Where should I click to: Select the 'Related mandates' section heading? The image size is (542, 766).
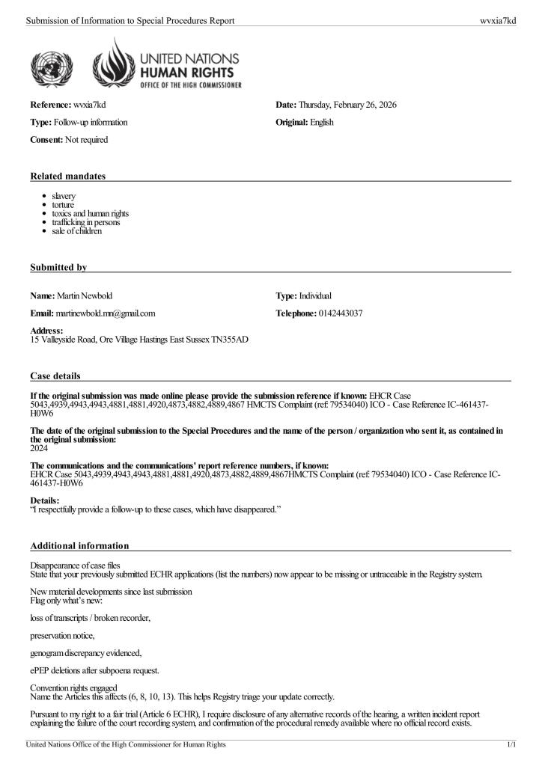point(67,176)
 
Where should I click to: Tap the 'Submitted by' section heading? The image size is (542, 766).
point(58,267)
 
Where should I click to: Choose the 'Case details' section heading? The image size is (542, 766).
point(55,375)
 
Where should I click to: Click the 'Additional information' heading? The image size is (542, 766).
point(79,545)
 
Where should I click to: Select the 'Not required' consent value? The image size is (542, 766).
point(86,140)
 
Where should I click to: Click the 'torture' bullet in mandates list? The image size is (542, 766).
point(64,204)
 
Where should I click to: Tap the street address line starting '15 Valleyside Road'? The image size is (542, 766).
point(139,340)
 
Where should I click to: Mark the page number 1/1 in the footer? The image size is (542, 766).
point(512,745)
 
